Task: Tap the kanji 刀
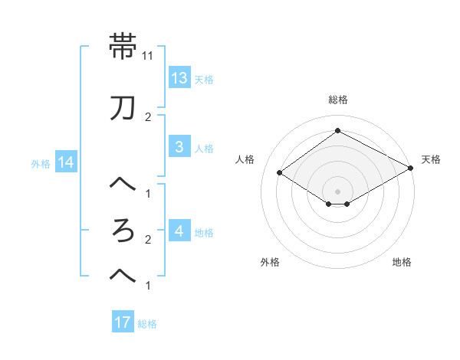click(124, 107)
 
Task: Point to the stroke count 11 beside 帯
click(148, 56)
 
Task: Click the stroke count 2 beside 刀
click(148, 117)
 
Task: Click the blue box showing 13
click(179, 77)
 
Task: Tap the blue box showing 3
click(179, 147)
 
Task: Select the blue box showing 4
click(179, 231)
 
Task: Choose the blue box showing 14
click(65, 162)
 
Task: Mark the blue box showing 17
click(123, 322)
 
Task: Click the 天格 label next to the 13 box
click(203, 79)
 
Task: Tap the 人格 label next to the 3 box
click(203, 149)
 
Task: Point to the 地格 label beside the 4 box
click(203, 233)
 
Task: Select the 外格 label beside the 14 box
click(41, 163)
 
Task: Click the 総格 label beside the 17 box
click(147, 324)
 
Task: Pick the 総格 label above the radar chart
click(338, 100)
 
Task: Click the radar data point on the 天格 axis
click(412, 169)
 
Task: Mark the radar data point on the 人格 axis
click(280, 173)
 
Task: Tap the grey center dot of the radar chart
click(337, 191)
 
